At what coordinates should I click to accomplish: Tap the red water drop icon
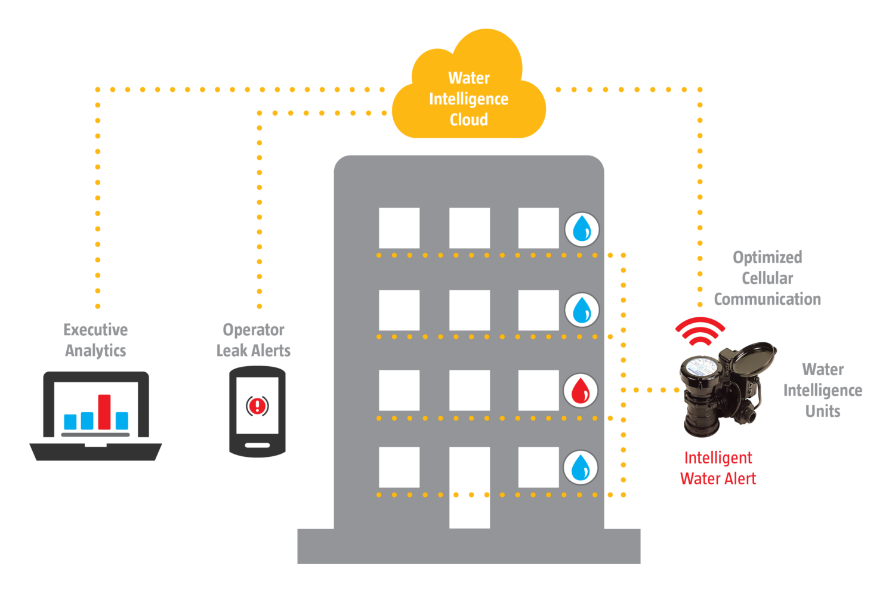click(581, 391)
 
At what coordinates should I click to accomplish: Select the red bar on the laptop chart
click(104, 412)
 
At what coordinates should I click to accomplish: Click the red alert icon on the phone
click(257, 406)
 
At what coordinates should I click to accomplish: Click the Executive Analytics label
click(95, 340)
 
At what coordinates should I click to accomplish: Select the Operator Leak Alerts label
click(253, 340)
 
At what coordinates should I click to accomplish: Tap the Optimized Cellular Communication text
click(767, 278)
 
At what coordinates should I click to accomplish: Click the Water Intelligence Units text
click(823, 390)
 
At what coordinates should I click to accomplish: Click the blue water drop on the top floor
click(582, 229)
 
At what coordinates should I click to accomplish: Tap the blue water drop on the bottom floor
click(581, 468)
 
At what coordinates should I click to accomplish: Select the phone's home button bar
click(257, 445)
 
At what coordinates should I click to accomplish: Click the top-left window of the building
click(399, 228)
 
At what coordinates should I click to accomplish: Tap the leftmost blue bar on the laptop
click(70, 422)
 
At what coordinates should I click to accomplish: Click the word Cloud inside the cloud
click(469, 120)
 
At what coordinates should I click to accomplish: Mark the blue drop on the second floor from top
click(582, 310)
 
